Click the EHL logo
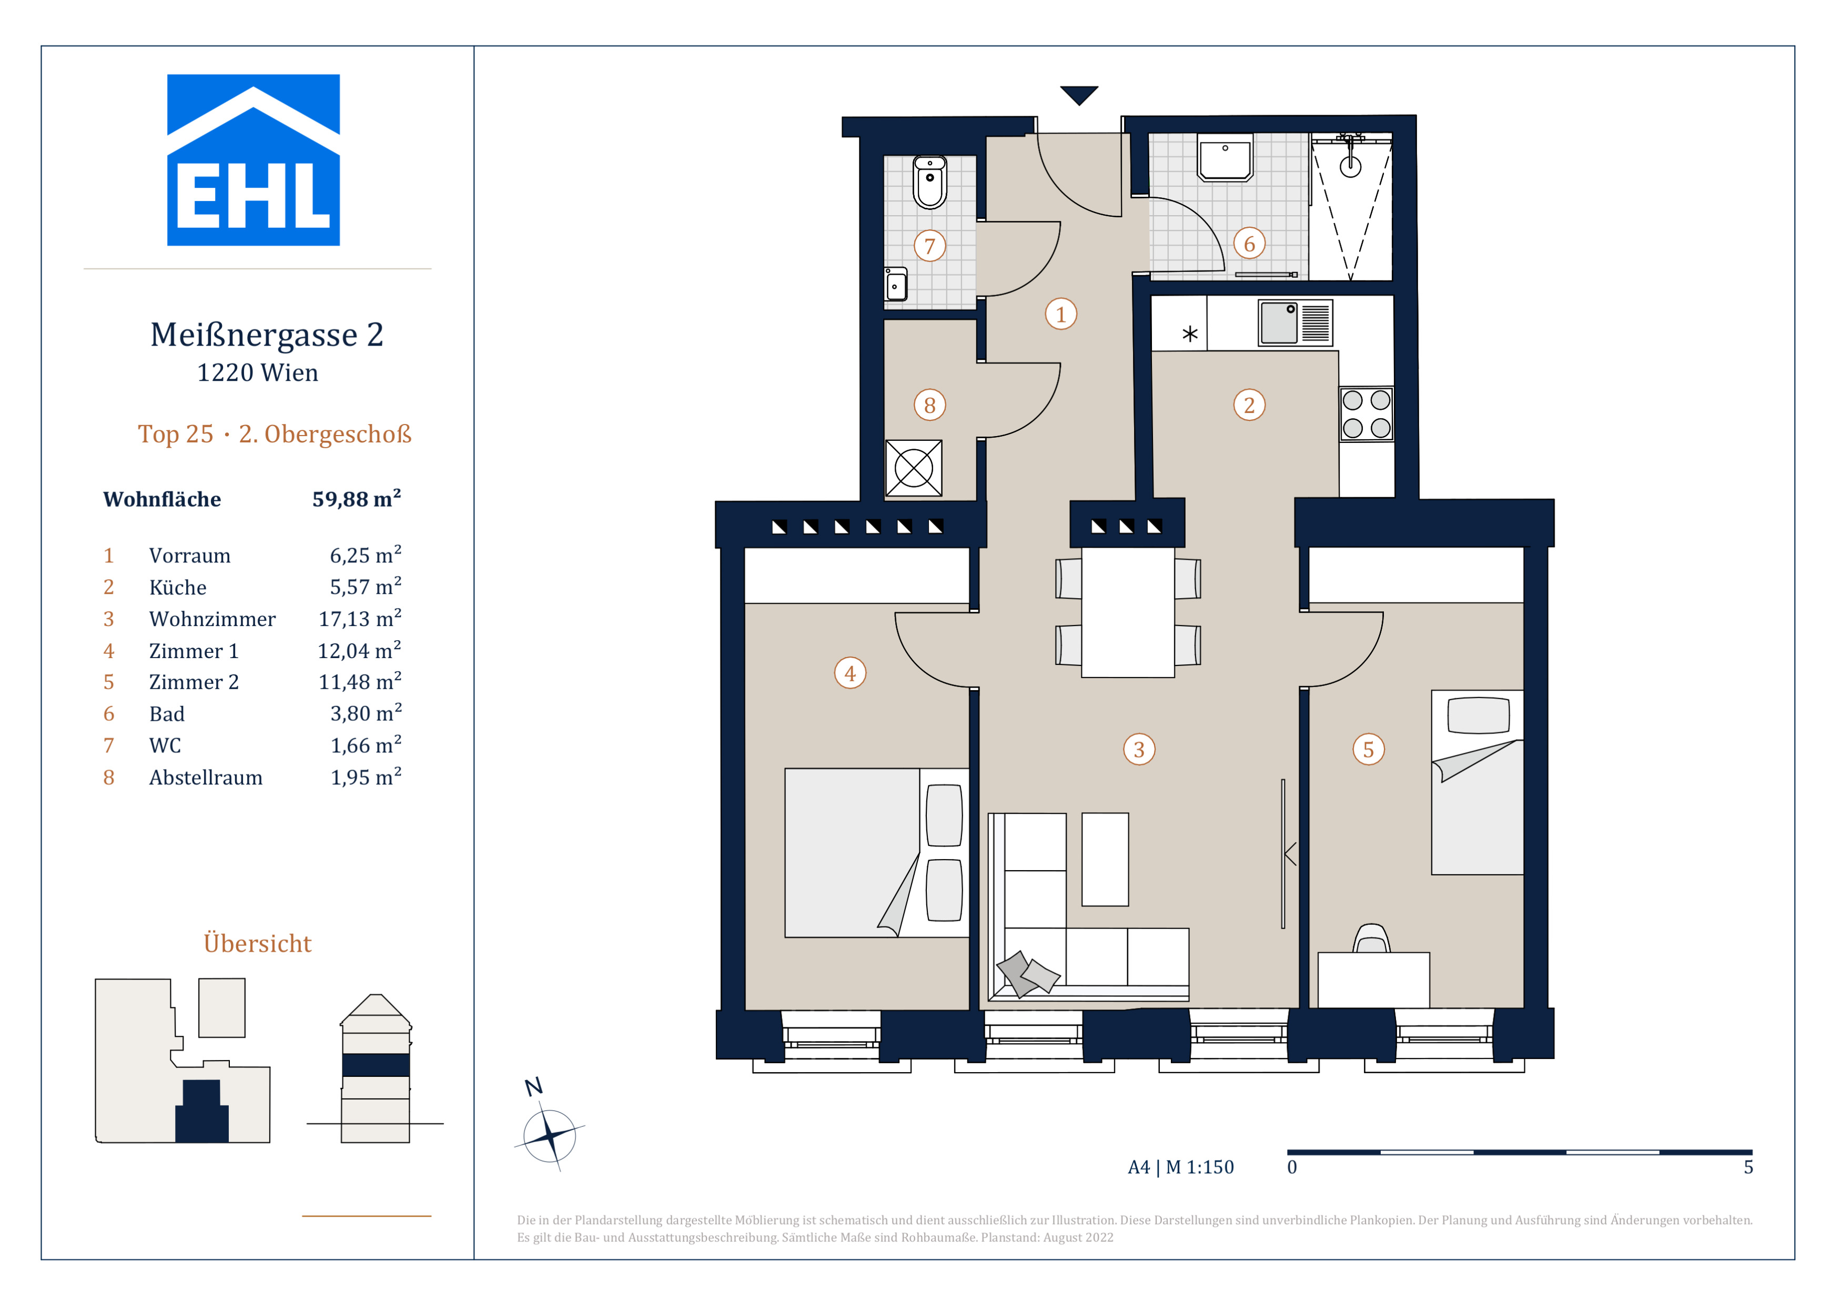(x=254, y=160)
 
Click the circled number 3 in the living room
(x=1139, y=750)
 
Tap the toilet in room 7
(x=930, y=182)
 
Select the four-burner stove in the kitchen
(x=1367, y=413)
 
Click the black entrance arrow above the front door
(x=1079, y=95)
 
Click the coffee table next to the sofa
(x=1105, y=860)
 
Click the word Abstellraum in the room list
(x=206, y=778)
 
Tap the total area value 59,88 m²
(x=357, y=499)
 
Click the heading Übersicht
(x=257, y=942)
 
